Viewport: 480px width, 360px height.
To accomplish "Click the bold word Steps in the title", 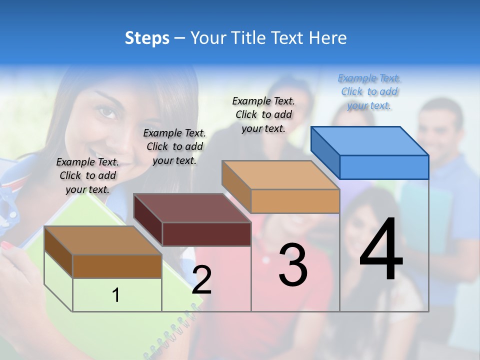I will coord(147,38).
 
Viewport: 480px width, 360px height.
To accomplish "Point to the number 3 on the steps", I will coord(293,264).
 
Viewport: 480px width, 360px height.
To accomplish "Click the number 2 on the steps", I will coord(201,280).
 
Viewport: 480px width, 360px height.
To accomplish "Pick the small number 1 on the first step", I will coord(116,295).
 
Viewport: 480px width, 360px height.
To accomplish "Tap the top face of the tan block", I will coord(280,175).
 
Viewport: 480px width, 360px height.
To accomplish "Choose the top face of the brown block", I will coord(102,240).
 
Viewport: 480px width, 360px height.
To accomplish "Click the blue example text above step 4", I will coord(369,92).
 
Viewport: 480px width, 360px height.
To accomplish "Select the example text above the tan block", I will coord(263,114).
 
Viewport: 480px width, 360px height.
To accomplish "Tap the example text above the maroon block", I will coord(174,146).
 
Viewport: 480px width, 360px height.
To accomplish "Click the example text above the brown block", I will coord(87,175).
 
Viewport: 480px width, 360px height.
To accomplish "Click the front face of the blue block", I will coord(384,167).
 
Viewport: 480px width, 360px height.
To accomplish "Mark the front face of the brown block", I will coord(117,266).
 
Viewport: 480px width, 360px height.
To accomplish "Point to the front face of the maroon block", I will coord(206,234).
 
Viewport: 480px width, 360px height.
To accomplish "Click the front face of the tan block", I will coord(295,201).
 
